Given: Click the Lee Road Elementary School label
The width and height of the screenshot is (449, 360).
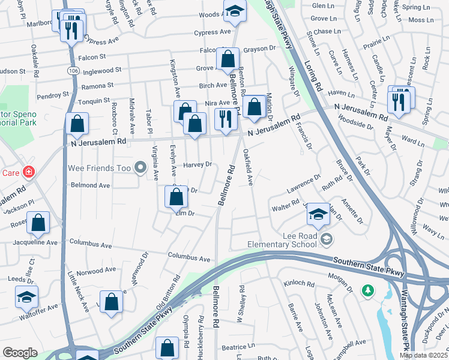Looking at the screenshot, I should click(x=282, y=240).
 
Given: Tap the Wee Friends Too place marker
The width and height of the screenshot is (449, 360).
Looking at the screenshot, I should click(x=140, y=168).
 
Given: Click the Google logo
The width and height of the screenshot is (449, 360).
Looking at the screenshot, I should click(x=20, y=353).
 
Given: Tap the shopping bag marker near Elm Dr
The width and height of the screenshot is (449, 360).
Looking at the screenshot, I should click(x=176, y=197).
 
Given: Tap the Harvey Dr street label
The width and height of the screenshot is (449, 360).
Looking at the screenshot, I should click(x=198, y=164).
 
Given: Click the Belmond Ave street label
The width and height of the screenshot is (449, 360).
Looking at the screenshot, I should click(x=91, y=185).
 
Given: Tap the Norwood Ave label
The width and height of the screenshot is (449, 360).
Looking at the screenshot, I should click(x=96, y=270).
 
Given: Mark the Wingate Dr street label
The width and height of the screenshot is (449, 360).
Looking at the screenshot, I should click(x=294, y=82).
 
